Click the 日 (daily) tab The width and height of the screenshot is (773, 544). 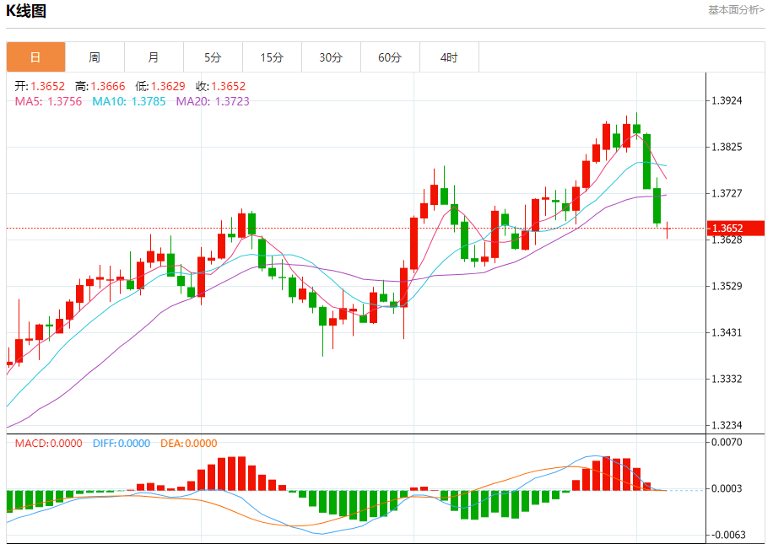point(35,57)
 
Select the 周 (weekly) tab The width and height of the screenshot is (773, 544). point(95,57)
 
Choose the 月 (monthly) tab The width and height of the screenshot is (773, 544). point(154,57)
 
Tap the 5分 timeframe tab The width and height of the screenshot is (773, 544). point(213,57)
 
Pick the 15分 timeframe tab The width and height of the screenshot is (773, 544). point(272,57)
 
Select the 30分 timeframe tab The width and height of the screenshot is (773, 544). point(331,57)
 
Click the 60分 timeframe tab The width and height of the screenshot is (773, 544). point(390,57)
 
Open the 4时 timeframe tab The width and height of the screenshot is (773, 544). point(449,57)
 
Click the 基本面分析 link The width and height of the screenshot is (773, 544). point(737,10)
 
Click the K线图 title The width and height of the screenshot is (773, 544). point(26,11)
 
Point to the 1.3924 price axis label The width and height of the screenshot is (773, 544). point(727,100)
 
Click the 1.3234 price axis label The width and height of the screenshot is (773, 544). point(727,425)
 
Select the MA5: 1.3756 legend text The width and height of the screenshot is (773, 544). point(49,101)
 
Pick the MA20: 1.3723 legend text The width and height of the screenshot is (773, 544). point(213,101)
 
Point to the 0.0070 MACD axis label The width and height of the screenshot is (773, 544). point(727,442)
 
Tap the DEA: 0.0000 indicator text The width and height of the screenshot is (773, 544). point(188,443)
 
